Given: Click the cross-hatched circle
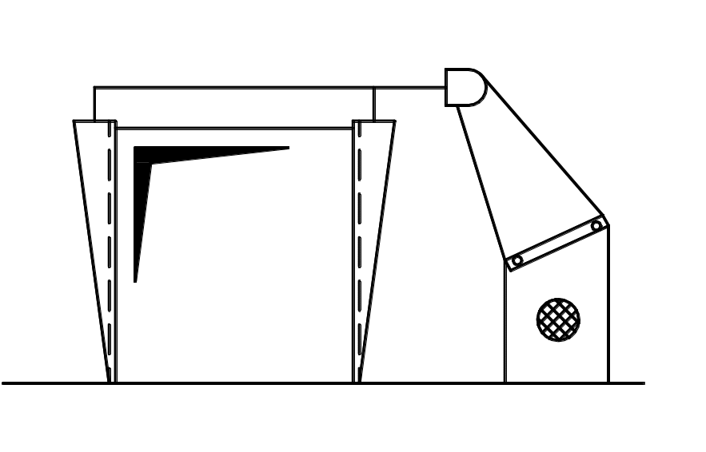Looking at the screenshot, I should tap(558, 319).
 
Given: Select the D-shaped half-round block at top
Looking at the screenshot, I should tap(465, 87).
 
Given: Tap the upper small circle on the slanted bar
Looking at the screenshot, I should tap(596, 226).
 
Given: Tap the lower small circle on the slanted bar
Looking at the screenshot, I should tap(517, 260).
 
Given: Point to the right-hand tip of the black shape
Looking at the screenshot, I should tap(289, 148).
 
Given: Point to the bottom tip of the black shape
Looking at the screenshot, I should tap(135, 281).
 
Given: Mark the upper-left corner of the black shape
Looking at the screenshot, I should tap(134, 148).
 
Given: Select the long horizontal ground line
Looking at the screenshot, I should tap(320, 383).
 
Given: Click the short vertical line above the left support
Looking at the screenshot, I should tap(94, 104).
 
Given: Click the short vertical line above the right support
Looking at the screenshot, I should tap(374, 104).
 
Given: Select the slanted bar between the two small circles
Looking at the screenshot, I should tap(557, 243).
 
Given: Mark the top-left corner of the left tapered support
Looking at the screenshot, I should tap(74, 121).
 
